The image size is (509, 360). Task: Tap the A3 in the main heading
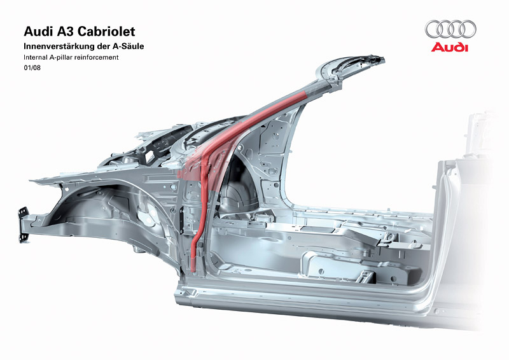[x=62, y=31]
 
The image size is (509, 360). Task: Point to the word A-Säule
[x=135, y=47]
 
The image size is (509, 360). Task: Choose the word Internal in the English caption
[x=35, y=58]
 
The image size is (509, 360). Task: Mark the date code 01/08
[x=32, y=68]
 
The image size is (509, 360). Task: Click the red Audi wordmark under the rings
[x=449, y=48]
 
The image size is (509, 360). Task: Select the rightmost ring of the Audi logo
[x=466, y=29]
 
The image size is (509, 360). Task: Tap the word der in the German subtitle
[x=109, y=47]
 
